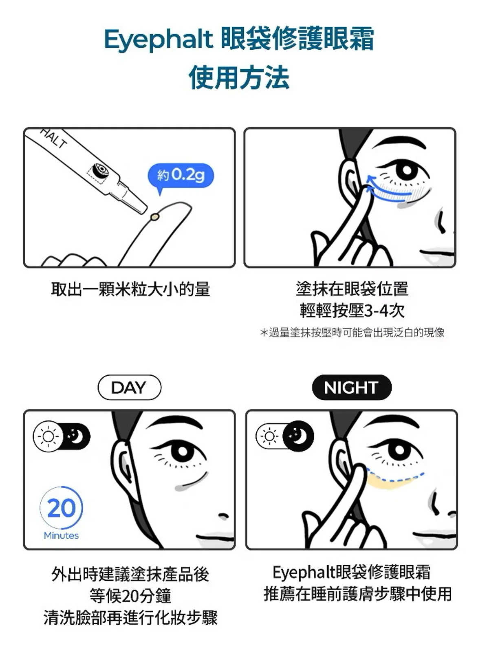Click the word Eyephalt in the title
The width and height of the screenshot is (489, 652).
pos(159,40)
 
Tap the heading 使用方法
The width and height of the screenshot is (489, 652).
pos(239,77)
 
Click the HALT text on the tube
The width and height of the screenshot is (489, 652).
pos(53,139)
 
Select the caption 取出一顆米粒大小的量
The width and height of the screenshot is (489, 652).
pos(130,289)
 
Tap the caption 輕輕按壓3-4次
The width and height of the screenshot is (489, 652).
pos(352,311)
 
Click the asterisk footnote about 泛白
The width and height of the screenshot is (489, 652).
pos(352,333)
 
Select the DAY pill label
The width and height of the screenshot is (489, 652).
pos(130,388)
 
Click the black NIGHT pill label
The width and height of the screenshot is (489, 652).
pos(352,388)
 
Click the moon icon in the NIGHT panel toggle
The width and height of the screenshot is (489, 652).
pos(298,436)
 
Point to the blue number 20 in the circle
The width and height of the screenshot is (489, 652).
pos(62,508)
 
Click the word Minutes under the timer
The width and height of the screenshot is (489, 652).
pos(61,535)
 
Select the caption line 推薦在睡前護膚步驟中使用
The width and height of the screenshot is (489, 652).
pos(358,594)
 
